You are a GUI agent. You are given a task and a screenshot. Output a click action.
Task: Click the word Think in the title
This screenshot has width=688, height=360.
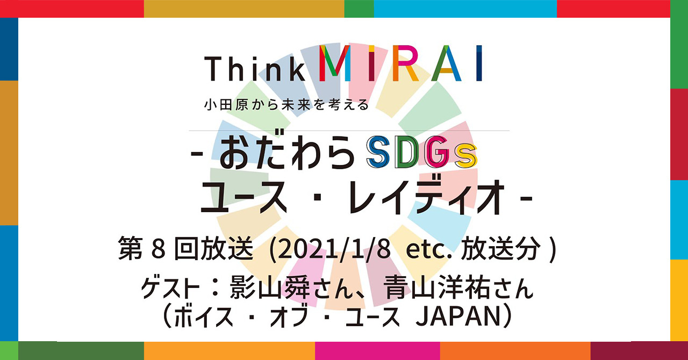tap(255, 68)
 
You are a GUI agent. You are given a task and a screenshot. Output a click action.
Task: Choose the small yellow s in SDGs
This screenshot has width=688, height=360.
tap(466, 157)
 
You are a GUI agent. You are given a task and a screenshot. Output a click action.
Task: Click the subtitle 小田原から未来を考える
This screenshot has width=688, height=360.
tap(286, 105)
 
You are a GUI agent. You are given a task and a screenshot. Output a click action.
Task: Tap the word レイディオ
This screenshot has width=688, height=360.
tap(428, 197)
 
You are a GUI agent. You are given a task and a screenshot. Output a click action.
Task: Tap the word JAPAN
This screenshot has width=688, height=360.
tap(457, 318)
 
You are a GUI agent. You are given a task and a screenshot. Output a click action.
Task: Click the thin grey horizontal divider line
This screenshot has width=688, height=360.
tap(349, 131)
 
